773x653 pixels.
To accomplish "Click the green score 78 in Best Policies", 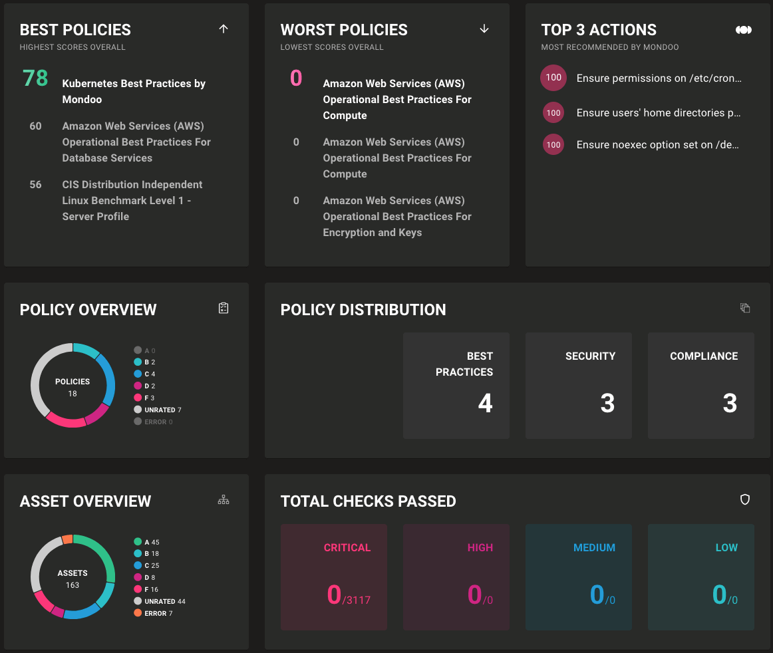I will (x=35, y=78).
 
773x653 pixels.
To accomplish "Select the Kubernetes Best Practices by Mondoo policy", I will (x=134, y=92).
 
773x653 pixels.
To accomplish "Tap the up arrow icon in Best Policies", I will (x=224, y=29).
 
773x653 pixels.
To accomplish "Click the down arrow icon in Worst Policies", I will (x=484, y=29).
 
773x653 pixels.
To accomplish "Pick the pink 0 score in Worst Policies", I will (x=296, y=78).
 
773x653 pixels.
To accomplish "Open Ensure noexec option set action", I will (x=657, y=145).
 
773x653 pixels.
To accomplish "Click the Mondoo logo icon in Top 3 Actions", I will (x=744, y=30).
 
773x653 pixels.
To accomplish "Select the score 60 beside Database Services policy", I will (x=35, y=126).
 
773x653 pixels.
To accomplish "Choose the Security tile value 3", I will (x=607, y=404).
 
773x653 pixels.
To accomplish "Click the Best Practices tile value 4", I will (x=485, y=404).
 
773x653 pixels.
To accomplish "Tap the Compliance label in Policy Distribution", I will (x=704, y=356).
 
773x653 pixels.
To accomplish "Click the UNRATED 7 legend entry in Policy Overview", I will (x=158, y=410).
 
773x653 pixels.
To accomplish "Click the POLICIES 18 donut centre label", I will (x=73, y=387).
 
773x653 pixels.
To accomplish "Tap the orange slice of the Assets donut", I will (x=67, y=539).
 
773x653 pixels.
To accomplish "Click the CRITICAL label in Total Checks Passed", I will (x=347, y=548).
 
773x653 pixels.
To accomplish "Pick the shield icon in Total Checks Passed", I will (x=745, y=499).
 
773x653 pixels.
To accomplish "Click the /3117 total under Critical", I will (x=357, y=600).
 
